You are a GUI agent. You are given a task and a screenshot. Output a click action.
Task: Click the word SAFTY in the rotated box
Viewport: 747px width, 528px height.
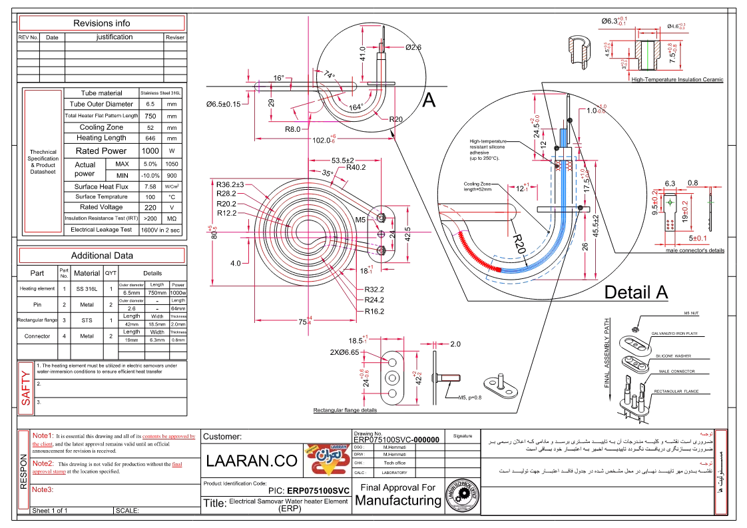(x=26, y=388)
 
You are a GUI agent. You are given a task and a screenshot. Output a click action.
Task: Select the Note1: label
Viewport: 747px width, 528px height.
(x=42, y=435)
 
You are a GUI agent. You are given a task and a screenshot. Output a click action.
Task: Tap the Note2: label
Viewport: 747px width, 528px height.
(x=43, y=463)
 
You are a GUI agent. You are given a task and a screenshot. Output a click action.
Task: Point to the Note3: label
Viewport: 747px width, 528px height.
(x=43, y=489)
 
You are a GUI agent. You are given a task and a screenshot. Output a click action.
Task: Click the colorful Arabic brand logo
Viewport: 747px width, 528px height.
(x=326, y=460)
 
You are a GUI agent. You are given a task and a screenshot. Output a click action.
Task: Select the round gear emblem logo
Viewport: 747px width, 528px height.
(x=462, y=495)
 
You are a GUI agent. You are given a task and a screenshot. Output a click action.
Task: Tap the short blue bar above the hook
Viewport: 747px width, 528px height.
(x=563, y=138)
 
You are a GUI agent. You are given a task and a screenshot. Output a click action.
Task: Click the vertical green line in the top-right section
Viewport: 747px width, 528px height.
(x=648, y=55)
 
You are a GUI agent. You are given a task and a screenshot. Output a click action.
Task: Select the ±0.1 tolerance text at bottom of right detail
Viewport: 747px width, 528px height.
(x=700, y=238)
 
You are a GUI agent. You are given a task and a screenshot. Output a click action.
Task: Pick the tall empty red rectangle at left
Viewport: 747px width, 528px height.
(x=43, y=161)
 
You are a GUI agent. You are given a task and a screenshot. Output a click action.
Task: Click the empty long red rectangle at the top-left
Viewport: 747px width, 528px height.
(x=101, y=23)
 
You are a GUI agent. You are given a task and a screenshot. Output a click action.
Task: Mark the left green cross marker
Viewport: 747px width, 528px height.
(x=669, y=202)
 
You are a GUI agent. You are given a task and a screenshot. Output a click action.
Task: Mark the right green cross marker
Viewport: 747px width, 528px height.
(x=710, y=202)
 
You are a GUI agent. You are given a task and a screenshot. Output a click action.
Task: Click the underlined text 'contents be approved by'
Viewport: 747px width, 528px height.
(x=168, y=437)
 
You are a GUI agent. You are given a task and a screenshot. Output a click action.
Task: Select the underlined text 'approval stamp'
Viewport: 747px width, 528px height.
(x=49, y=471)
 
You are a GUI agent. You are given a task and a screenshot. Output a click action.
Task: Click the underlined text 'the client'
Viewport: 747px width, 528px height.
(x=42, y=443)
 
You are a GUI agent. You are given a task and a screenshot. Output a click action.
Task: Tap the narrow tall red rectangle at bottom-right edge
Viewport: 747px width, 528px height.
(x=720, y=472)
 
